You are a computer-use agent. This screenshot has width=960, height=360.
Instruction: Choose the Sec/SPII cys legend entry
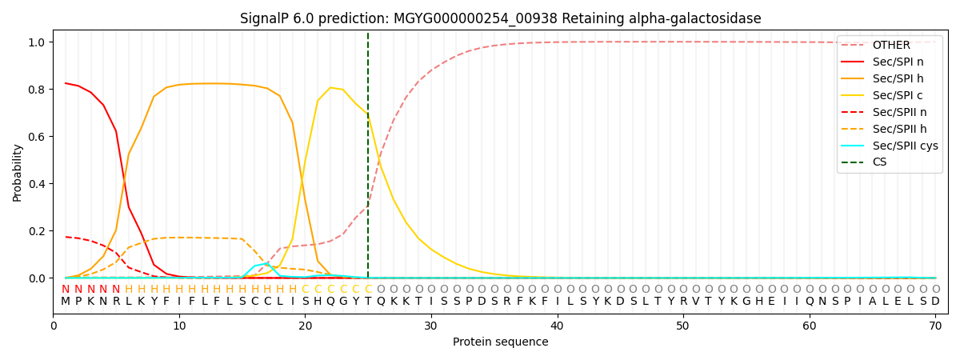890,146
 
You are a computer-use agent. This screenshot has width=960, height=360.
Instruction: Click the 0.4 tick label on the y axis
37,184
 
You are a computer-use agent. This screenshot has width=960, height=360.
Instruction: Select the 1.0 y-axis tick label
37,42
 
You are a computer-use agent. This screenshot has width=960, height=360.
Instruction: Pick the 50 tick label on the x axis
682,326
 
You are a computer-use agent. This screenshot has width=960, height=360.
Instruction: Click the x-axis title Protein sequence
501,342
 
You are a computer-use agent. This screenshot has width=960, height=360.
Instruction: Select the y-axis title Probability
17,173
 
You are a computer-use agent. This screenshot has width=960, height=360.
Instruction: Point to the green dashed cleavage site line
368,155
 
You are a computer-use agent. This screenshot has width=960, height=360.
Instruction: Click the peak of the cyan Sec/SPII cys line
267,263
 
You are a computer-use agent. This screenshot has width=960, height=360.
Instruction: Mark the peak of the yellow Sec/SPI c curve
330,87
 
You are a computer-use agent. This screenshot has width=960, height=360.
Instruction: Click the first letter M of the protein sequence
66,302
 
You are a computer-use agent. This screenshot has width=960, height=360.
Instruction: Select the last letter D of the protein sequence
935,302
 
